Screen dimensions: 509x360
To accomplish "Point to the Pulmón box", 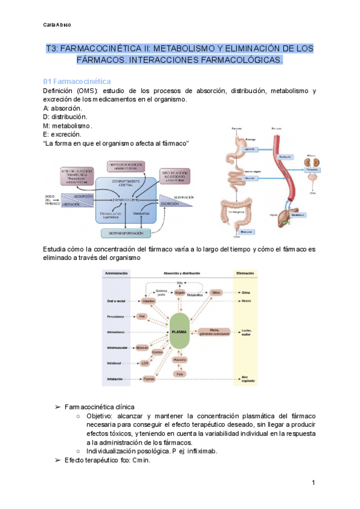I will [x=149, y=379].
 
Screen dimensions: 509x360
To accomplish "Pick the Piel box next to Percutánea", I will [x=142, y=315].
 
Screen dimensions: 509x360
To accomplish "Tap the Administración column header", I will [x=117, y=273].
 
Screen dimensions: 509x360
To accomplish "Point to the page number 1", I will [x=314, y=483].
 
